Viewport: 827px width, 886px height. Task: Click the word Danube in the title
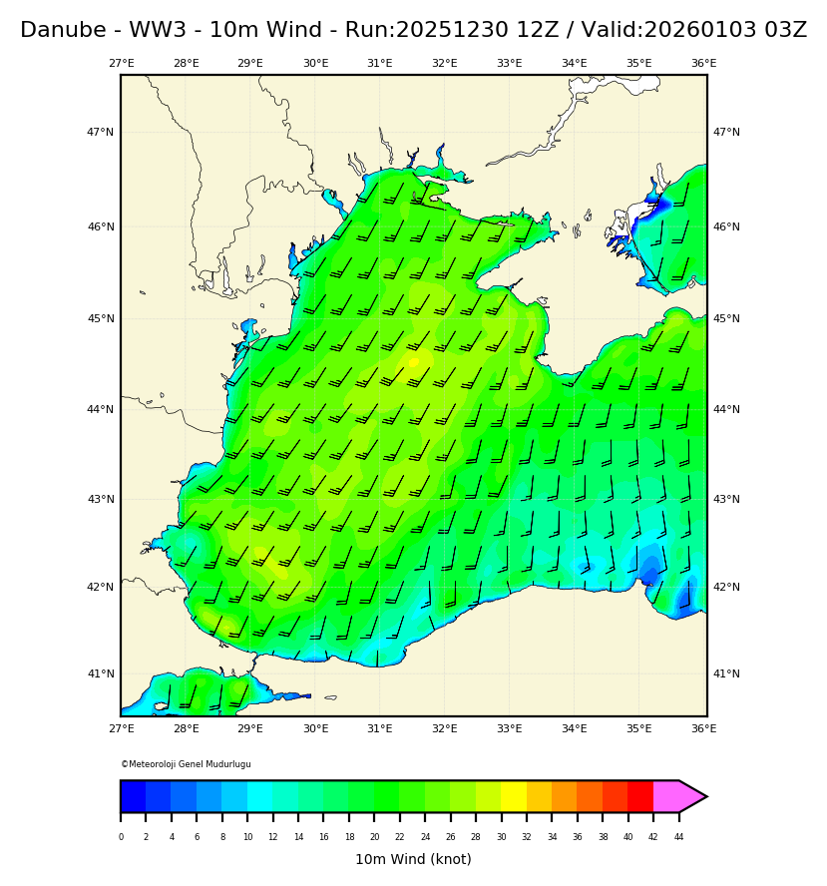coord(56,31)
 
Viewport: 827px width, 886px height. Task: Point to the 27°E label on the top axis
coord(122,64)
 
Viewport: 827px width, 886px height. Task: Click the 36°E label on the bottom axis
coord(703,729)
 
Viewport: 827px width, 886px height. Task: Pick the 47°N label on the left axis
coord(100,132)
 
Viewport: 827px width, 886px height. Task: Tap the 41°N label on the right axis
coord(726,673)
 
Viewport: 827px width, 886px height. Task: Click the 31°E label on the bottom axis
coord(380,729)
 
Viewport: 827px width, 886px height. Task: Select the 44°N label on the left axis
coord(100,409)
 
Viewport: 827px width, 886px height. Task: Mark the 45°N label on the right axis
coord(726,319)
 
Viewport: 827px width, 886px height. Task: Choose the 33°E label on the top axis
coord(509,64)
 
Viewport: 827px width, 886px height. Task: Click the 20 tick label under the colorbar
coord(374,837)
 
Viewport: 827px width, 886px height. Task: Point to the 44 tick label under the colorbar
coord(678,837)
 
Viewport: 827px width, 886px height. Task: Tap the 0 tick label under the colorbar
coord(121,837)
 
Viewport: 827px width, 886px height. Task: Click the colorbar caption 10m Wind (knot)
coord(413,859)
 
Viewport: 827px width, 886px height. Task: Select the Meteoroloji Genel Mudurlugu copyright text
coord(187,764)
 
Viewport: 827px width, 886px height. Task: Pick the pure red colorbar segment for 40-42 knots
coord(640,796)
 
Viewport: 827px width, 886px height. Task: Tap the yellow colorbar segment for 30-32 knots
coord(514,796)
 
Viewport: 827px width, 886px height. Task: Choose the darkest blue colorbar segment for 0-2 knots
coord(134,796)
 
